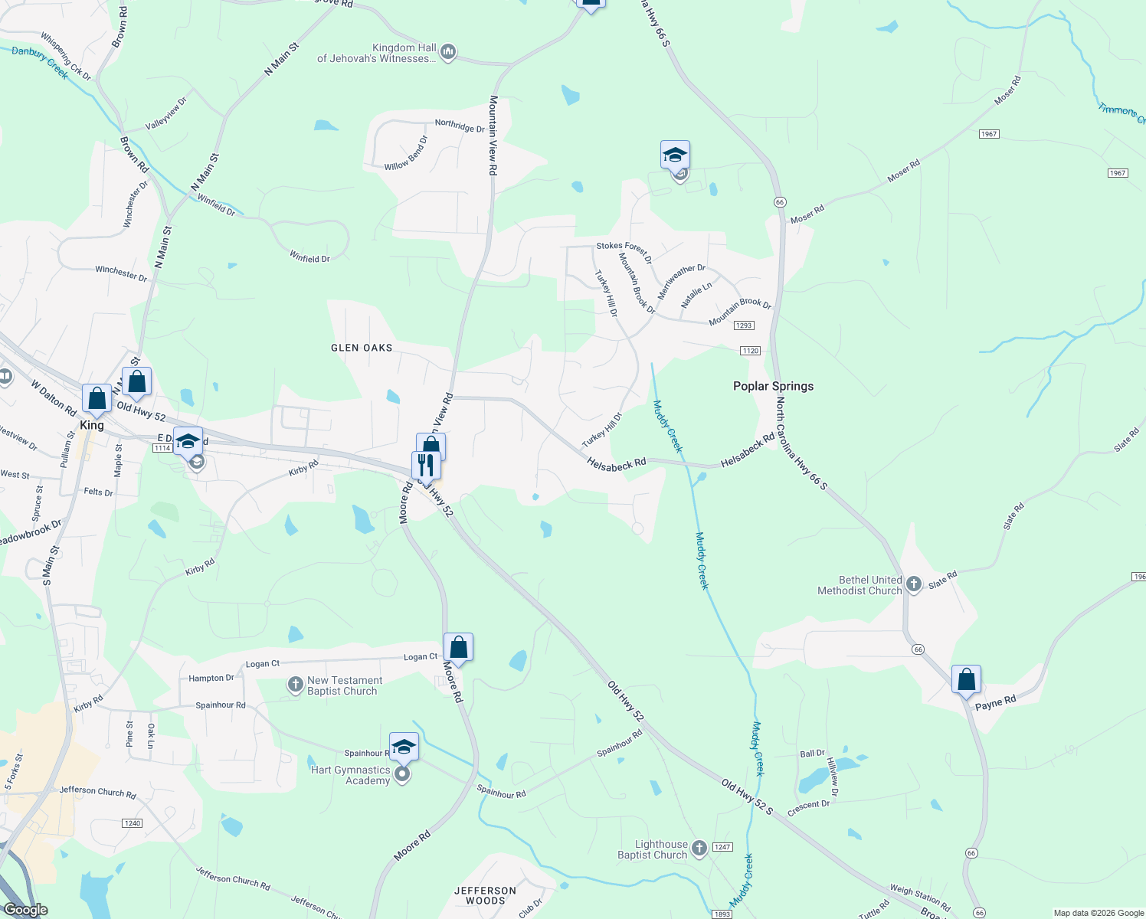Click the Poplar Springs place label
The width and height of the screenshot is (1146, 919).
pyautogui.click(x=773, y=386)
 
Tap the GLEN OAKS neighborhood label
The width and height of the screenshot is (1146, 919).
pyautogui.click(x=362, y=348)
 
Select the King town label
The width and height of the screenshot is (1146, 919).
pyautogui.click(x=92, y=425)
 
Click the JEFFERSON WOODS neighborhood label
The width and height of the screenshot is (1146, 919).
pyautogui.click(x=485, y=895)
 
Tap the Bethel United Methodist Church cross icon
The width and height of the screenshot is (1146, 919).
pyautogui.click(x=913, y=585)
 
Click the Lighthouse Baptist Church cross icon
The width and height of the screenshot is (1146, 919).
pyautogui.click(x=699, y=848)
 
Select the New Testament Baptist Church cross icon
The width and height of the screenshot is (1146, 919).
pyautogui.click(x=296, y=684)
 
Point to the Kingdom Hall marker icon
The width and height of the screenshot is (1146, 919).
pyautogui.click(x=448, y=52)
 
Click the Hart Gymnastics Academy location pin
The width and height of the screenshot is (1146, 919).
pyautogui.click(x=402, y=775)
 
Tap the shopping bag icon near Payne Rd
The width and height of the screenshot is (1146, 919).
pyautogui.click(x=966, y=679)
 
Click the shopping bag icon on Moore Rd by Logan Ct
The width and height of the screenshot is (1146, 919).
pyautogui.click(x=458, y=648)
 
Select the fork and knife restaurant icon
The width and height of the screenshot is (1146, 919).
pyautogui.click(x=425, y=464)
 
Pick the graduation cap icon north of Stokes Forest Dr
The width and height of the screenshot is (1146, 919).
pyautogui.click(x=675, y=155)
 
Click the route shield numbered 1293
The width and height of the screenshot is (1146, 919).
pyautogui.click(x=744, y=325)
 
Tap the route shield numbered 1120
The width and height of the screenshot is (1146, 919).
pyautogui.click(x=750, y=351)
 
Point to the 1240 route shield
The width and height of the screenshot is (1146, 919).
pyautogui.click(x=132, y=823)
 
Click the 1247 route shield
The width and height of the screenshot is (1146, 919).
pyautogui.click(x=722, y=847)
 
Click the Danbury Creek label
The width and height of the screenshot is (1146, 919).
pyautogui.click(x=41, y=62)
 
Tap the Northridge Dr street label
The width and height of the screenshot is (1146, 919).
pyautogui.click(x=460, y=125)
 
